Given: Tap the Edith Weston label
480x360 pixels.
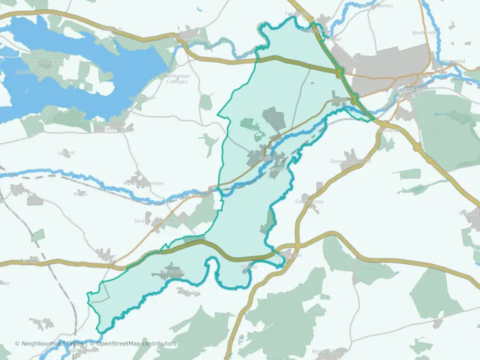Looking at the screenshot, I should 118,129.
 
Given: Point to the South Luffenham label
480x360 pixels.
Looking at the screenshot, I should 154,220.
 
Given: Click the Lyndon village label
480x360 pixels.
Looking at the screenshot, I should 66,152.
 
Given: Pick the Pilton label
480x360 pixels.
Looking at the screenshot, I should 80,194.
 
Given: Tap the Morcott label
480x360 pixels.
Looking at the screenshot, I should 106,256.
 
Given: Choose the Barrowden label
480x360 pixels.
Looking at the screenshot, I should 172,272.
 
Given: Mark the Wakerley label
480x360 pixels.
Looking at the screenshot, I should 188,292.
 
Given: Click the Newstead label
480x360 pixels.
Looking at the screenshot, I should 453,61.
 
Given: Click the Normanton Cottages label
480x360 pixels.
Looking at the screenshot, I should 176,79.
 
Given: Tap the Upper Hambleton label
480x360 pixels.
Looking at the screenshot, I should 44,61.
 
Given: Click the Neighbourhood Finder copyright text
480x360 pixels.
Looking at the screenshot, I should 50,344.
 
